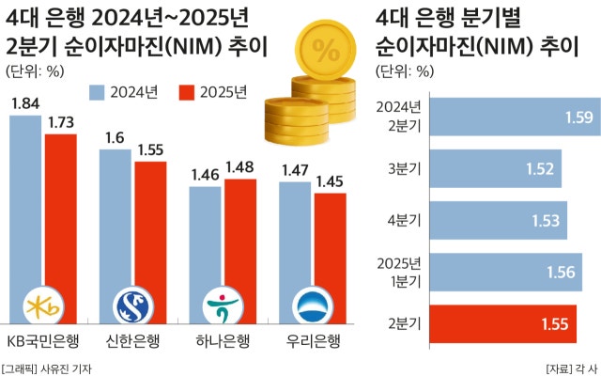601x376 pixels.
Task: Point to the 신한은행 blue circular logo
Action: (x=132, y=306)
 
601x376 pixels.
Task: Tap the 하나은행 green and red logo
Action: (x=223, y=306)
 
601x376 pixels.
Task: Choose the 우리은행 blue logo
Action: (x=313, y=306)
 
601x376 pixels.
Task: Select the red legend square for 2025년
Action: (x=186, y=91)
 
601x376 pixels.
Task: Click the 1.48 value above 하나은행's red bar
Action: (x=240, y=167)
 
